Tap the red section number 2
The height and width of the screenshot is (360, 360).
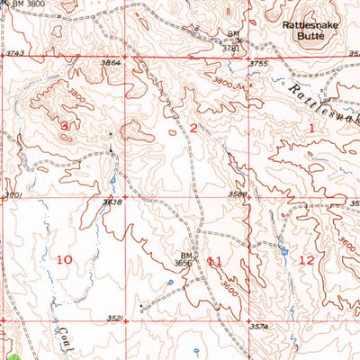[193, 129]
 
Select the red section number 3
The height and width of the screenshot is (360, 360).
[64, 127]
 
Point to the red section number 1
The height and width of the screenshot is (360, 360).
[312, 129]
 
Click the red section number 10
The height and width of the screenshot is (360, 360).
[64, 259]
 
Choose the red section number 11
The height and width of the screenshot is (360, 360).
[214, 261]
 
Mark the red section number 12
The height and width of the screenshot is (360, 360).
[307, 260]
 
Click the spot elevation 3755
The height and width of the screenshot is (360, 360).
[259, 63]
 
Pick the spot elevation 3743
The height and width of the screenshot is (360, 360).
[13, 56]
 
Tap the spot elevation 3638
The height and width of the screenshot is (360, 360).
[112, 202]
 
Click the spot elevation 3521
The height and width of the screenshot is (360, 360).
[113, 318]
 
